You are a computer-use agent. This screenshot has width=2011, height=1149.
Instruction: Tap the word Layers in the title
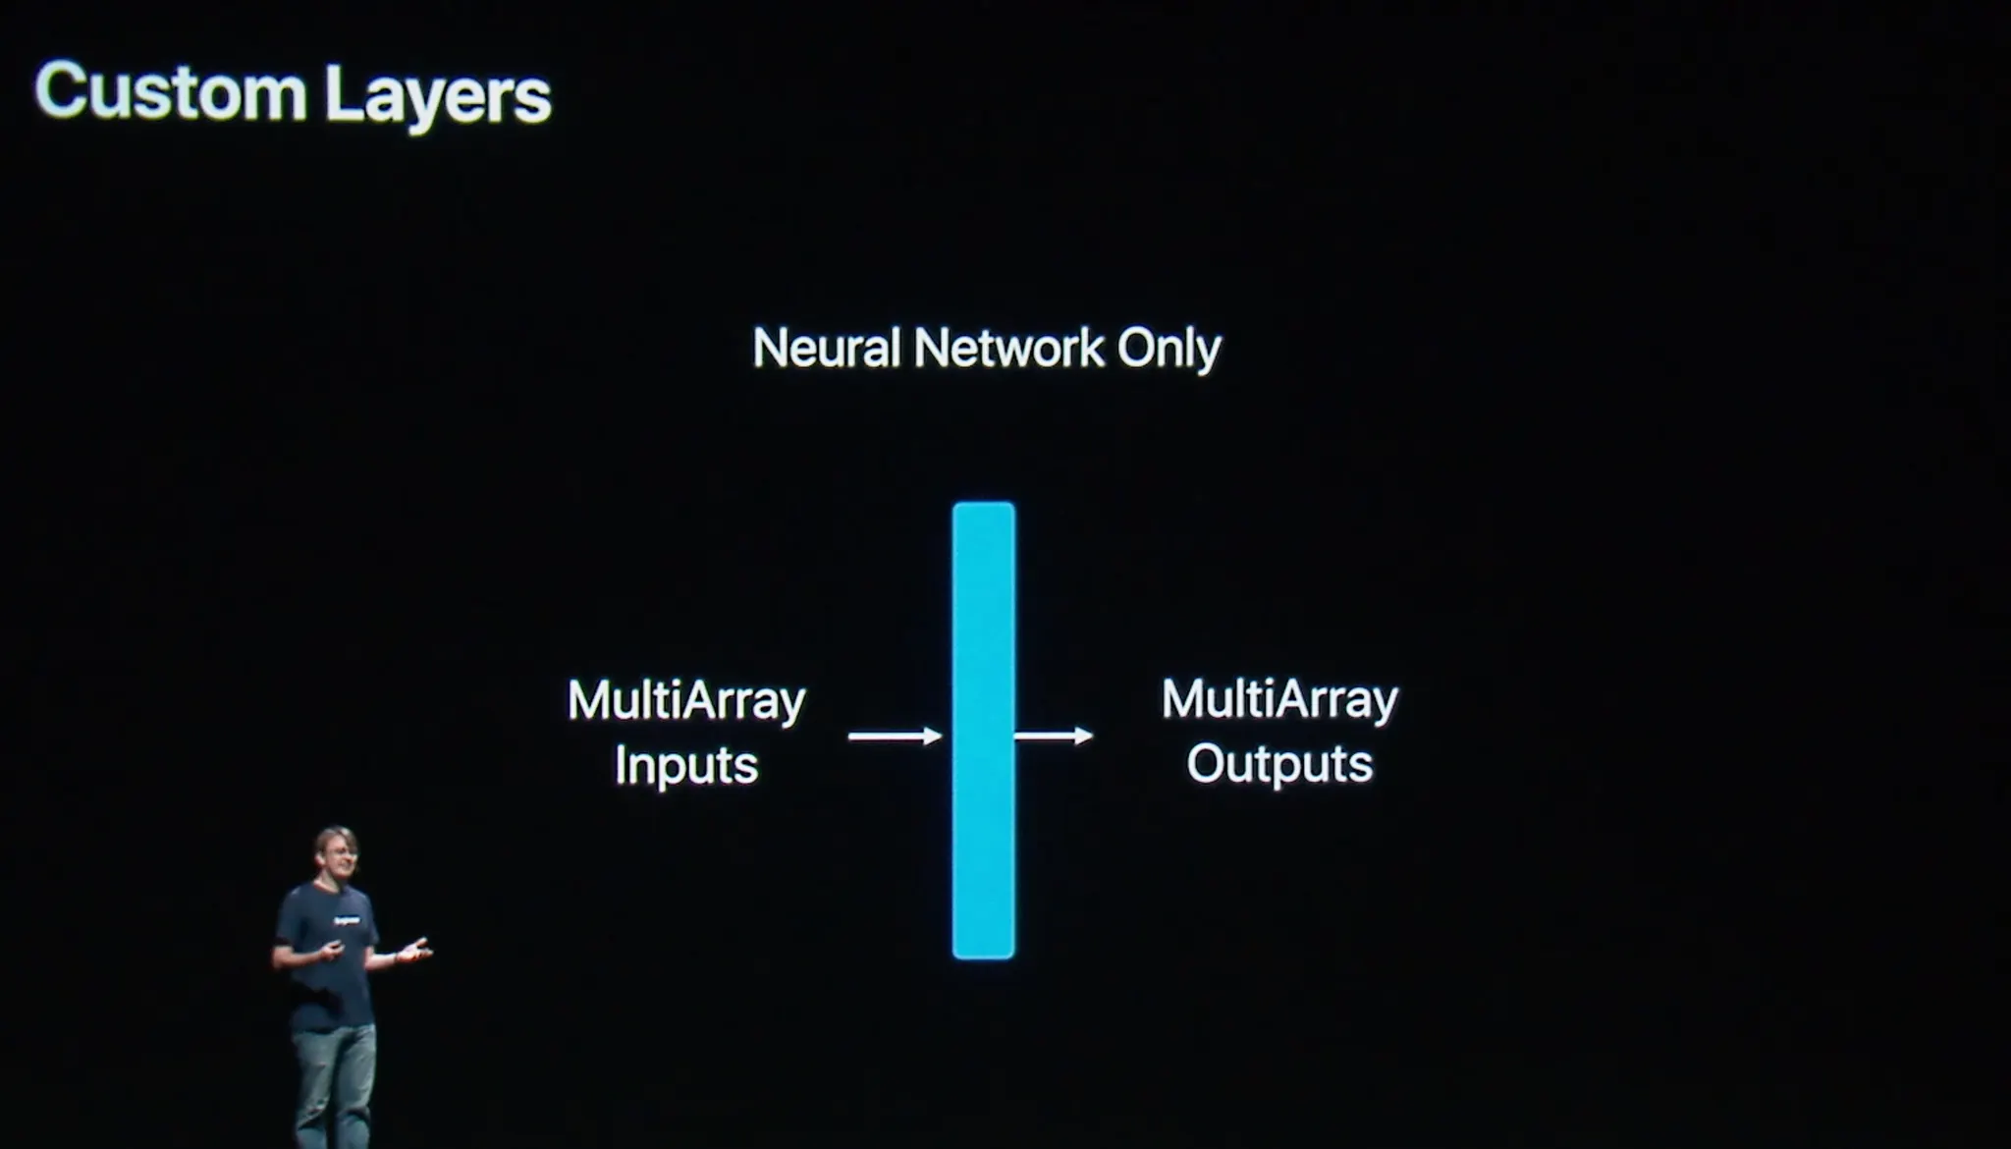437,97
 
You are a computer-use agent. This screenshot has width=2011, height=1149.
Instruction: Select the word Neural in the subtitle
826,348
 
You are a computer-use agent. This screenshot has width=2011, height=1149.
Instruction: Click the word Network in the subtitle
1008,348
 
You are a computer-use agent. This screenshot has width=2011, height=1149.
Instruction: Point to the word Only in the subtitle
1169,350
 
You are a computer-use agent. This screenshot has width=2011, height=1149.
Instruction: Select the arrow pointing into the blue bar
895,736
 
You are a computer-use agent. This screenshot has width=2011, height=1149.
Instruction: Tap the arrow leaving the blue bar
1054,736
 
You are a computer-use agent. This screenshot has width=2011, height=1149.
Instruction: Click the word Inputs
686,766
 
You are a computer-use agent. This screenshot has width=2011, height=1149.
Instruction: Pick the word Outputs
1279,765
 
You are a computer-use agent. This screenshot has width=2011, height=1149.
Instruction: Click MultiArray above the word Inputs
686,701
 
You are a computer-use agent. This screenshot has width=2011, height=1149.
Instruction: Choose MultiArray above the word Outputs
1279,700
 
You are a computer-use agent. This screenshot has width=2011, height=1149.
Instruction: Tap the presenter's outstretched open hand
415,950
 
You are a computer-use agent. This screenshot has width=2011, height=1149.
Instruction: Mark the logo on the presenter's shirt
346,921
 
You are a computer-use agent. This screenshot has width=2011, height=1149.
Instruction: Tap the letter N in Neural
769,348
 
